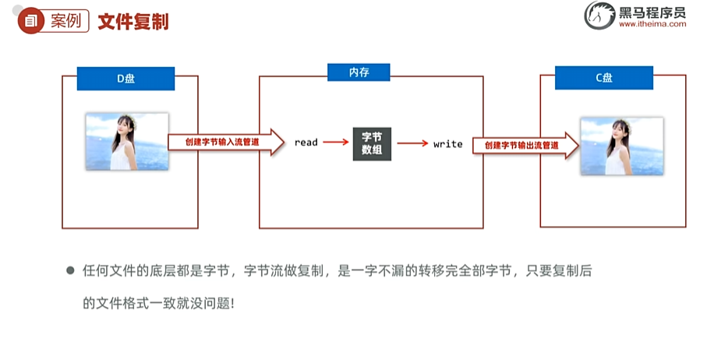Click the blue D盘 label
tap(125, 79)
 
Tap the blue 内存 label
tap(359, 72)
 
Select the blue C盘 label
tap(604, 78)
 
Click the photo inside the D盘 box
tap(127, 141)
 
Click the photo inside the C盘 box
tap(621, 146)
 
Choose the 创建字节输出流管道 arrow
tap(524, 145)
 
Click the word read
tap(306, 143)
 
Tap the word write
tap(447, 144)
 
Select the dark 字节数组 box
tap(372, 143)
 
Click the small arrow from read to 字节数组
tap(335, 143)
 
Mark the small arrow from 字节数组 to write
tap(412, 143)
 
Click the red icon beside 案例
tap(31, 21)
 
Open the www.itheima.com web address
tap(652, 24)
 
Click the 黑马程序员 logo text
tap(652, 11)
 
